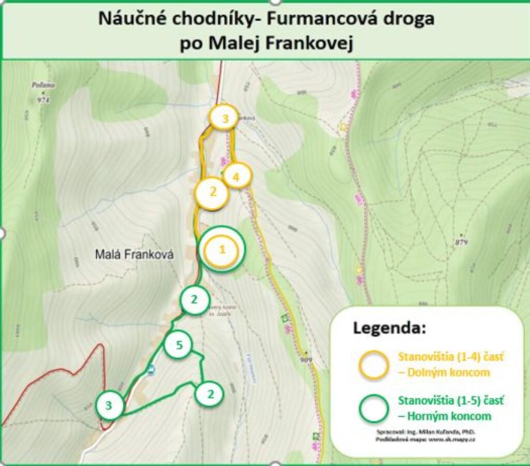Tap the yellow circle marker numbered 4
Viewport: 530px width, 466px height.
tap(237, 177)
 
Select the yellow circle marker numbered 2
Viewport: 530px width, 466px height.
tap(212, 193)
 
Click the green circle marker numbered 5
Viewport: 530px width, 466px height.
tap(179, 345)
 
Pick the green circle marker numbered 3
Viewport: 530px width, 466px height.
tap(110, 405)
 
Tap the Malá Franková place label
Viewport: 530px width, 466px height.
tap(135, 255)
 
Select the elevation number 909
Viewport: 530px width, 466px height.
tap(306, 359)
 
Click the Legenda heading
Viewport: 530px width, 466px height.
tap(389, 328)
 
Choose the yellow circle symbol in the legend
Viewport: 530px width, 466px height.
tap(374, 365)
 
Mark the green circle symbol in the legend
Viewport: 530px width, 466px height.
tap(374, 408)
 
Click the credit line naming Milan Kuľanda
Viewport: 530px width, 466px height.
tap(426, 431)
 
